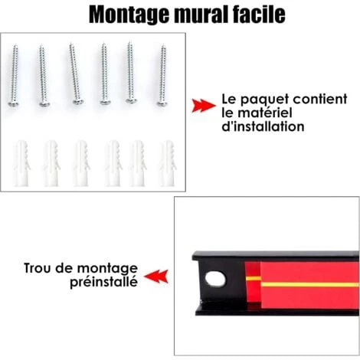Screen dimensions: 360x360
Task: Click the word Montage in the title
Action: [x=129, y=15]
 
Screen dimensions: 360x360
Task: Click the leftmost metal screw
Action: [x=14, y=75]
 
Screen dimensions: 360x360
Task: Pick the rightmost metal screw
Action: [x=162, y=75]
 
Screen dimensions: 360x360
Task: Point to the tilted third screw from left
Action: [x=75, y=74]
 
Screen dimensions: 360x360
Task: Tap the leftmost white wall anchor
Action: [x=21, y=163]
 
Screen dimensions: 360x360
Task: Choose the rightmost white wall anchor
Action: [x=168, y=163]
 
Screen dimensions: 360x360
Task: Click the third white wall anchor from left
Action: [x=82, y=163]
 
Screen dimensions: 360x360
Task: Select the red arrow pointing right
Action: [x=204, y=106]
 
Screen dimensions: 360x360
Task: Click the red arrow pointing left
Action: [x=156, y=277]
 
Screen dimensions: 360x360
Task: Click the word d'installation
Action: [x=263, y=126]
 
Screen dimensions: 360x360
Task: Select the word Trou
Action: [x=38, y=268]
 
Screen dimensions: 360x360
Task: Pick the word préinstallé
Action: [x=104, y=282]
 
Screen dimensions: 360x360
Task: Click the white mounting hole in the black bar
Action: [x=215, y=279]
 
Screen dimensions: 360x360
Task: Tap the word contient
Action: [x=320, y=99]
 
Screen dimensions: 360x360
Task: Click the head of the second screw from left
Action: [x=45, y=104]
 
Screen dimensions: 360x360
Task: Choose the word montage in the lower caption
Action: [x=107, y=269]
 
